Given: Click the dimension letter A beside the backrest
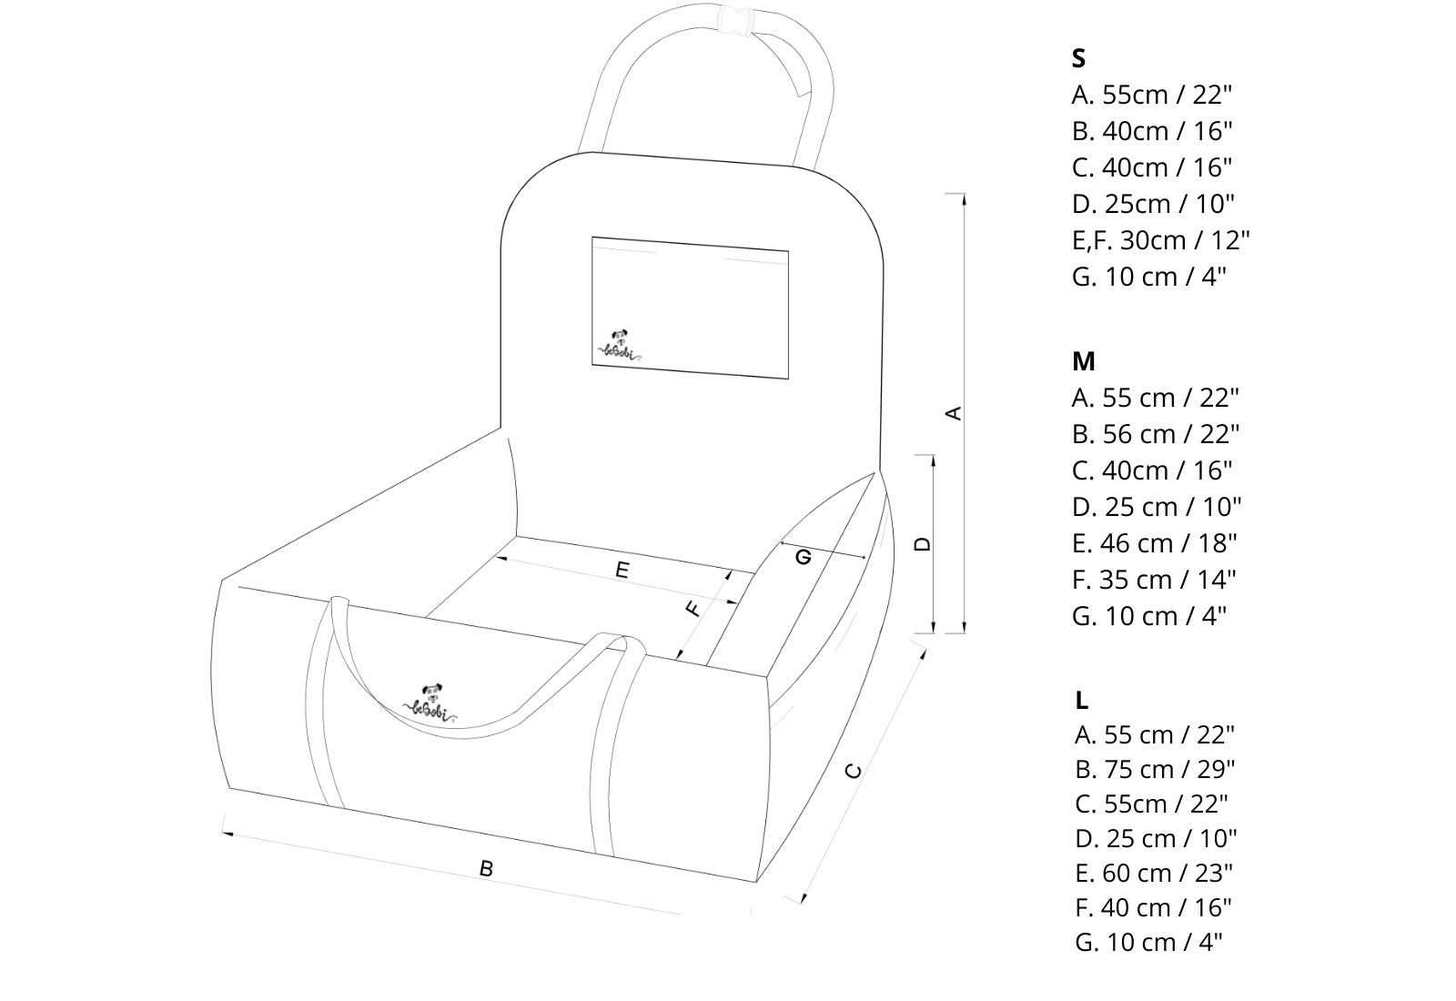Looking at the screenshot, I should click(954, 412).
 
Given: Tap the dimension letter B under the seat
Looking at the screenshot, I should click(486, 868).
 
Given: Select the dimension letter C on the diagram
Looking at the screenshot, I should click(853, 770).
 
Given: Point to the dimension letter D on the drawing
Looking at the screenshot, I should click(923, 543).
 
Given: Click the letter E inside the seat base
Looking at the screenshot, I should click(622, 570).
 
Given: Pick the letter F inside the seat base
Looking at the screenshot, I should click(693, 608).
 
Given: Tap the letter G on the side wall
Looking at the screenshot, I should click(803, 556).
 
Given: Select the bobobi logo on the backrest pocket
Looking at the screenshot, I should click(619, 345).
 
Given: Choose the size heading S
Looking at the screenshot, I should click(1078, 58).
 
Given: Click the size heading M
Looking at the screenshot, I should click(1083, 361).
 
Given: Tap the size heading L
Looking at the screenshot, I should click(1081, 700).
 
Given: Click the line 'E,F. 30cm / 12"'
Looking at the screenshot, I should click(1160, 240).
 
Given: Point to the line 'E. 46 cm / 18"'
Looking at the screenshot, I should click(1154, 543).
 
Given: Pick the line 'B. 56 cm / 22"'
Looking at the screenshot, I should click(1155, 434).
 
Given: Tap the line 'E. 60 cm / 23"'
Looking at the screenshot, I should click(1153, 873).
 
